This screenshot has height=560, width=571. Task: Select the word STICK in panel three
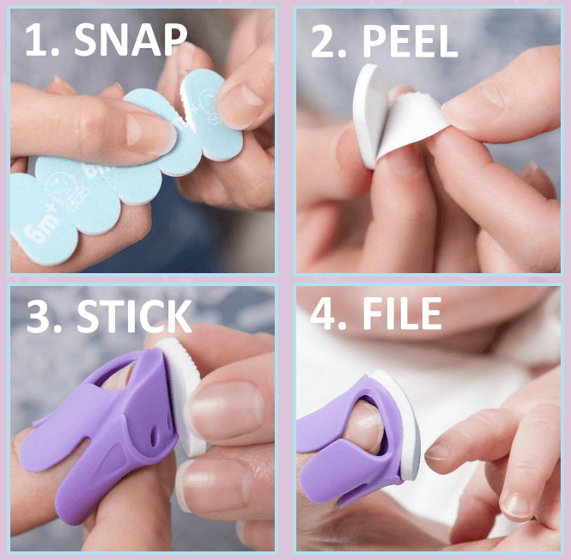coord(134,316)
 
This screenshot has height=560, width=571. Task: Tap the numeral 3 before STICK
coord(38,316)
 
